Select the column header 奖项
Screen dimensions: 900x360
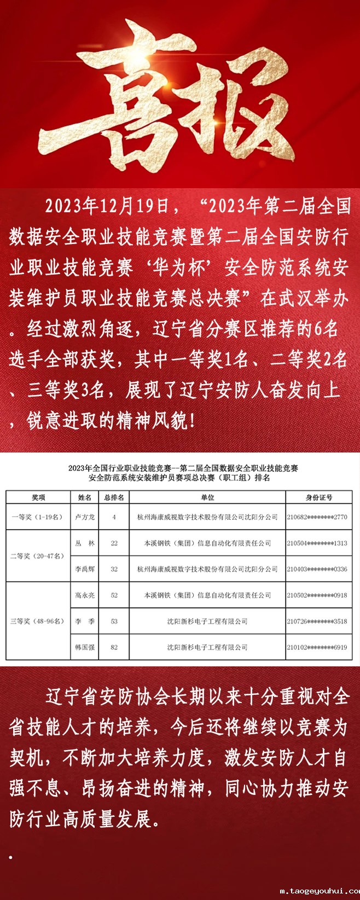38,497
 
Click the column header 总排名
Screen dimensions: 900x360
114,497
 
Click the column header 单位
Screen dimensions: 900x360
207,497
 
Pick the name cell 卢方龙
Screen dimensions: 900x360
85,517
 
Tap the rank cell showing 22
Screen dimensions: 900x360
114,543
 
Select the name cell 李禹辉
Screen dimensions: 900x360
85,569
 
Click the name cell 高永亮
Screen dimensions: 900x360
85,595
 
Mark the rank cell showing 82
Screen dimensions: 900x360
114,647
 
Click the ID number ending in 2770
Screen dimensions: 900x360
317,517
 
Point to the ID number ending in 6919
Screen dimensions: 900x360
317,647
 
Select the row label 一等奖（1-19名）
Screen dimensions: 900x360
38,517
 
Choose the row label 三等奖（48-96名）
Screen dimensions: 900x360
38,621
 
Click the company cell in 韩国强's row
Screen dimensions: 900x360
207,647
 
